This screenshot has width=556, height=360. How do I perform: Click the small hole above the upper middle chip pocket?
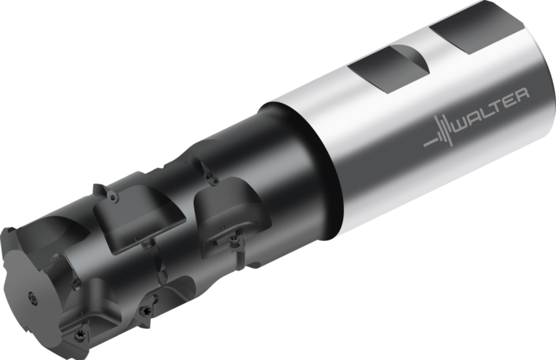(x=113, y=198)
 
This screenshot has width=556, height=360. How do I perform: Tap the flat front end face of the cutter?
(x=33, y=293)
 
